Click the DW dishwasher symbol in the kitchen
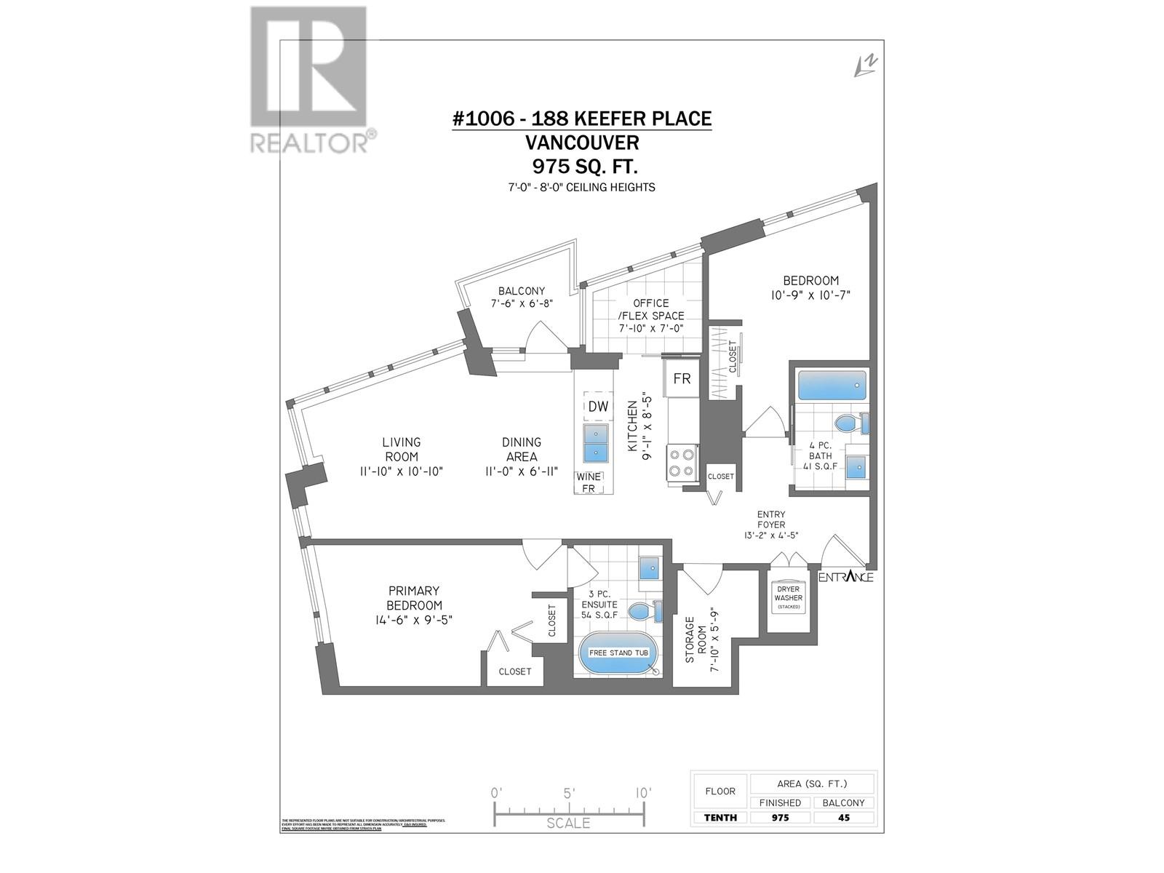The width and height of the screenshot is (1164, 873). (x=598, y=407)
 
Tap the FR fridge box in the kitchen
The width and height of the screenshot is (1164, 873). (x=682, y=379)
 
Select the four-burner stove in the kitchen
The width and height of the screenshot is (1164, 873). (x=682, y=463)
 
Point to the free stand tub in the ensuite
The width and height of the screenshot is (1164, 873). (x=618, y=653)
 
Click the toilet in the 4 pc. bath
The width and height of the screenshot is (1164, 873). (x=848, y=423)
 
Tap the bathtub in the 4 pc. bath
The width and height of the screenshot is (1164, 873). (x=832, y=385)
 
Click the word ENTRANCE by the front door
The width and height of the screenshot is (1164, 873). (x=846, y=577)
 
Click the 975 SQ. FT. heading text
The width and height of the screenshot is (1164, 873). (x=585, y=166)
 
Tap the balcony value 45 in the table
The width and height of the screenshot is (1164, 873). (x=844, y=817)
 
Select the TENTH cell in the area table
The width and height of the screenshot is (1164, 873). (x=720, y=817)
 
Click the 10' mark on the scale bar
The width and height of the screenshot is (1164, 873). (x=642, y=792)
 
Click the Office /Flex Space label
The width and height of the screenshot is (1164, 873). (x=650, y=309)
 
